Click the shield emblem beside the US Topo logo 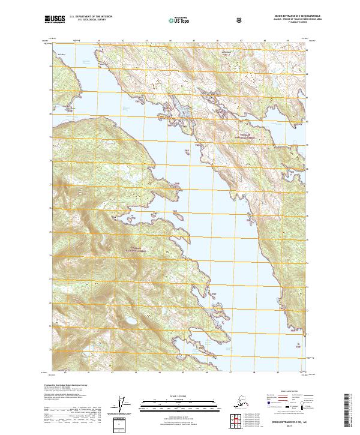206,20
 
